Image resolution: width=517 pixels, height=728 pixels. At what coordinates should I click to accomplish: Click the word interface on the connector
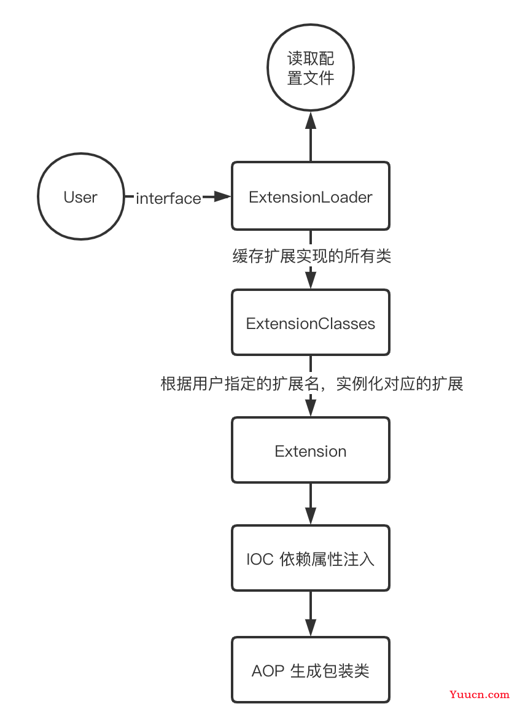click(x=168, y=198)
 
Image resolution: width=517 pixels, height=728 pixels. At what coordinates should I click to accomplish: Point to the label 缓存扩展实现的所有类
click(x=312, y=256)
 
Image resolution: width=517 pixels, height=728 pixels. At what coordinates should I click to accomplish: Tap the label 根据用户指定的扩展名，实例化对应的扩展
click(x=312, y=384)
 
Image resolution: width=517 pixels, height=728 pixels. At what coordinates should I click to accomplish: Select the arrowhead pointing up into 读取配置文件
click(x=311, y=120)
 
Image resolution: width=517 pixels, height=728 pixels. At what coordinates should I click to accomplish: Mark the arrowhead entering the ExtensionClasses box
click(x=311, y=280)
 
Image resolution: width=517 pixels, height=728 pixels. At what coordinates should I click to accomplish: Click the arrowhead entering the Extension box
click(x=311, y=408)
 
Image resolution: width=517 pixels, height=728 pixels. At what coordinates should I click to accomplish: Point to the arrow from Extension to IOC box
click(x=311, y=504)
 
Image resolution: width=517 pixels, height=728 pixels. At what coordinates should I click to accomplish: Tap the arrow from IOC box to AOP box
click(x=311, y=614)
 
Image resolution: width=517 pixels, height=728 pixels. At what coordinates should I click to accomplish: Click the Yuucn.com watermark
click(x=480, y=695)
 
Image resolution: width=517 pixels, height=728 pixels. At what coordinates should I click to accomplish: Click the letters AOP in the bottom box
click(x=268, y=671)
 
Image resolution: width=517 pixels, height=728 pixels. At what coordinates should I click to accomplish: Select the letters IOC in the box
click(x=260, y=559)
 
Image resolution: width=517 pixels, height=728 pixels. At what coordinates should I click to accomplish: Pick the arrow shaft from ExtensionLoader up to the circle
click(x=311, y=145)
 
